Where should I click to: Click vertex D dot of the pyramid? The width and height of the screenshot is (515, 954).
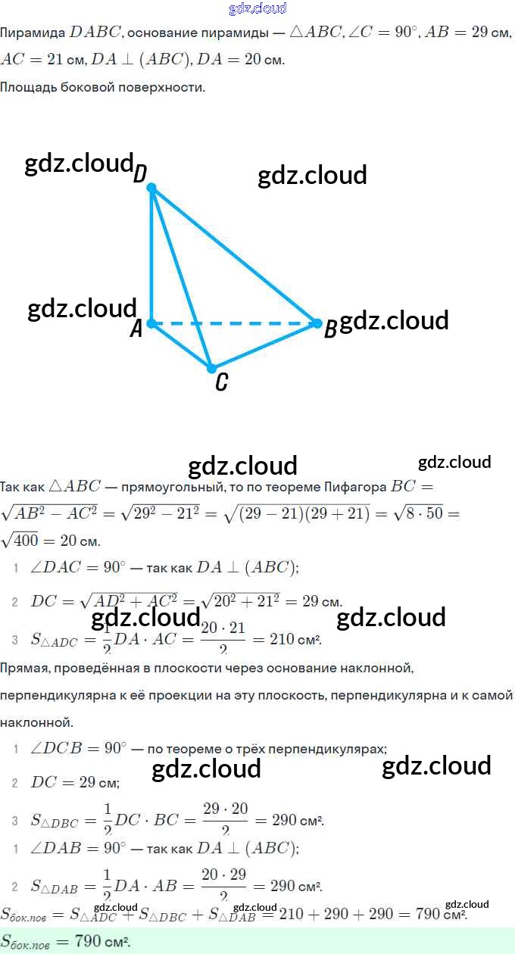pyautogui.click(x=151, y=187)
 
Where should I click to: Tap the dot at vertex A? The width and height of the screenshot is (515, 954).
pyautogui.click(x=151, y=323)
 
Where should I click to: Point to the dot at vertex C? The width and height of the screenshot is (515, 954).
pyautogui.click(x=212, y=368)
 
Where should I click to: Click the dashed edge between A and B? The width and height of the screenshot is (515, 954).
pyautogui.click(x=235, y=323)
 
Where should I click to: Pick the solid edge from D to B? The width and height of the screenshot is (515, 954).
pyautogui.click(x=235, y=255)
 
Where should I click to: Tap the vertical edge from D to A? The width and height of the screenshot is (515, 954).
pyautogui.click(x=151, y=255)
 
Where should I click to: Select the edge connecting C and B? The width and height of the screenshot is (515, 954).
pyautogui.click(x=265, y=346)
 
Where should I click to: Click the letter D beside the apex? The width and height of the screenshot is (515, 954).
pyautogui.click(x=140, y=175)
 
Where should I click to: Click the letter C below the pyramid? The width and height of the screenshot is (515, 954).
pyautogui.click(x=221, y=383)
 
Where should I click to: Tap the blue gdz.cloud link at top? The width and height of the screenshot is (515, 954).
pyautogui.click(x=257, y=8)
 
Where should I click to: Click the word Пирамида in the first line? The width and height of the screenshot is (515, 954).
pyautogui.click(x=32, y=33)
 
